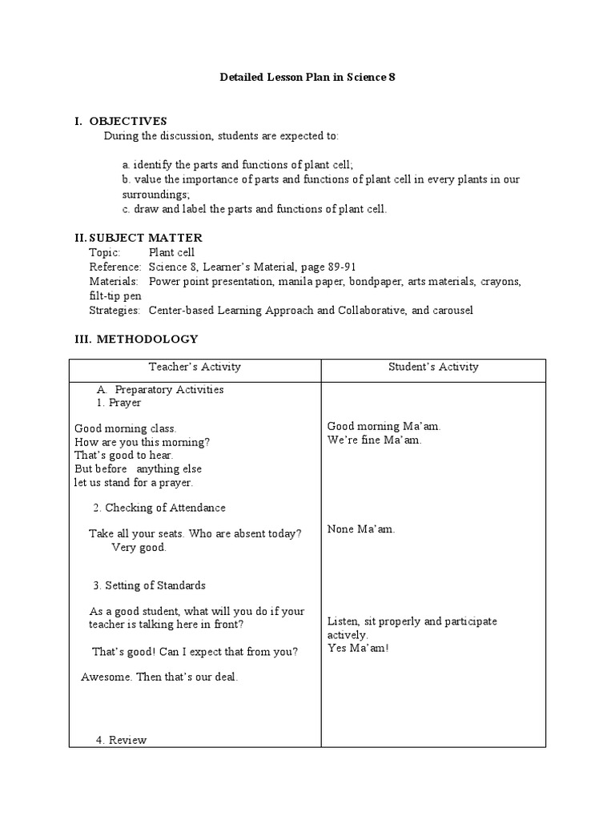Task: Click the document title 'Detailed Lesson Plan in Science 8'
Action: click(307, 78)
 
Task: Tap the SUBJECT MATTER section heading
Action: click(145, 238)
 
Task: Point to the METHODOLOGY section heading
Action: click(147, 339)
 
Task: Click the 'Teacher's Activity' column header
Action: click(195, 367)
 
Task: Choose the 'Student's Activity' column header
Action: click(433, 367)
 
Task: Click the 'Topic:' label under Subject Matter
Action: click(106, 252)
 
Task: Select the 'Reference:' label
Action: click(115, 267)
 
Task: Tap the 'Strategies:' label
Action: click(115, 310)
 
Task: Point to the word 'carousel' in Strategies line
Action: click(452, 310)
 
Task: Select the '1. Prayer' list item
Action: click(119, 403)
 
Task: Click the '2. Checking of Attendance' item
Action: click(159, 508)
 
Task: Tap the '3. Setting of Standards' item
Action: click(150, 585)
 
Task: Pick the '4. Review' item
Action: click(121, 740)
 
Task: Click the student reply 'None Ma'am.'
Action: click(361, 529)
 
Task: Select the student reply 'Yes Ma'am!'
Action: click(358, 647)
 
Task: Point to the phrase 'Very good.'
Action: click(139, 548)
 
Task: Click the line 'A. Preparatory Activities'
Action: click(160, 389)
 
